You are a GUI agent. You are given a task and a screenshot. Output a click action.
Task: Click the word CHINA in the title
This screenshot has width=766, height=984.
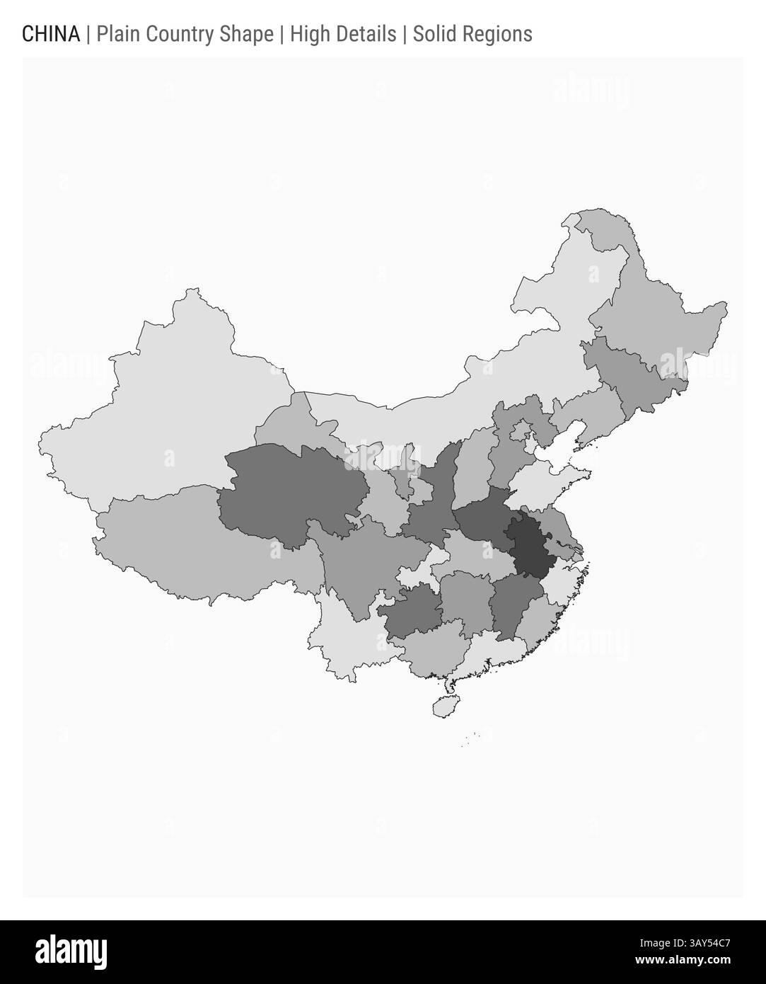point(51,34)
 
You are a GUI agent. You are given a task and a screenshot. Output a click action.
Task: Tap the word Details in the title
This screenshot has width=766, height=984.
point(364,34)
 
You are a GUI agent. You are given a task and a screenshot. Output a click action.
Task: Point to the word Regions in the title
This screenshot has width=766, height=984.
point(499,34)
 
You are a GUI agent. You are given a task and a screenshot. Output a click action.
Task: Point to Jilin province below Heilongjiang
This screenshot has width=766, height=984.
point(637,375)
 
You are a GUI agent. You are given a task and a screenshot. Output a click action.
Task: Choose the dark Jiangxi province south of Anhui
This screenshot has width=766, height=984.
point(513,602)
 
